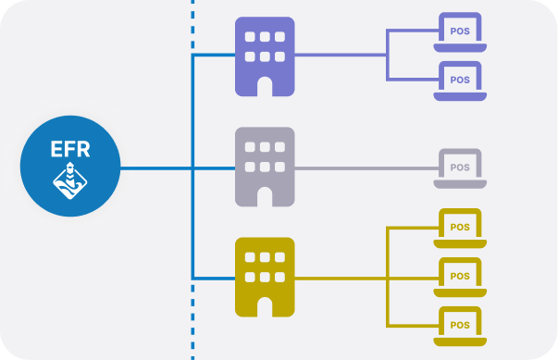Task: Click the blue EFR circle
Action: pos(71,167)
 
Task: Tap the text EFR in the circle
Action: pos(71,148)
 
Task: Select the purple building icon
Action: pos(265,56)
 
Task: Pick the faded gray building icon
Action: pos(265,167)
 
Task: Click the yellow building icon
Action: pos(265,276)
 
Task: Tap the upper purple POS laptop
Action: pos(459,32)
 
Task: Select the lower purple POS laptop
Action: pos(459,81)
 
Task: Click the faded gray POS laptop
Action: pos(459,168)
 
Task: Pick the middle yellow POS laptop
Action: pos(459,276)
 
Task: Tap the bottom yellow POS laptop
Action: pos(459,323)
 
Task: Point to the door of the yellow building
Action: pos(265,305)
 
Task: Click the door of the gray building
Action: pos(265,196)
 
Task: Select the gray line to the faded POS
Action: pos(370,168)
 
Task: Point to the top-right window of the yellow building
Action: pos(279,258)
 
